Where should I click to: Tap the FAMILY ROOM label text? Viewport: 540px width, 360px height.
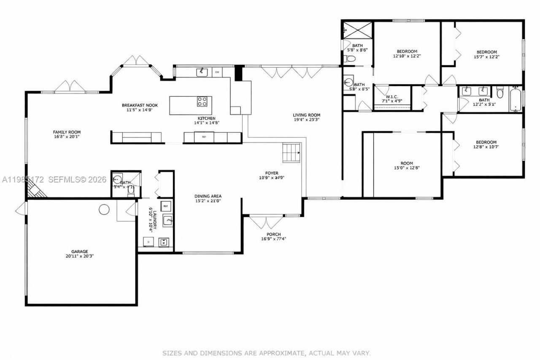[67, 132]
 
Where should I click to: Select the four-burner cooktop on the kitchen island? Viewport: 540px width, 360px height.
[202, 101]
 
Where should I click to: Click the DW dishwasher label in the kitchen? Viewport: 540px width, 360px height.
[217, 72]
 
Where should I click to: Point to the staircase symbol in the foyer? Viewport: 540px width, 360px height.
[291, 152]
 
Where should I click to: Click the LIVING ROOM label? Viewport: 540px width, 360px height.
[307, 115]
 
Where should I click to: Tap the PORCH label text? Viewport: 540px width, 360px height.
[273, 234]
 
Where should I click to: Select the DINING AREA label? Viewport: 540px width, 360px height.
[208, 196]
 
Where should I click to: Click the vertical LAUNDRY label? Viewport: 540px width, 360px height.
[155, 219]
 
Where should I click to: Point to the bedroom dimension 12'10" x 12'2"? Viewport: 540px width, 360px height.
[407, 56]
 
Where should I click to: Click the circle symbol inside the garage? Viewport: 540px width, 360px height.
[104, 209]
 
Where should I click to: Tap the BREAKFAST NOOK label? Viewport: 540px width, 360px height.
[137, 105]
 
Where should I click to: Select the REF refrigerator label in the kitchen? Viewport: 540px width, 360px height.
[204, 137]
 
